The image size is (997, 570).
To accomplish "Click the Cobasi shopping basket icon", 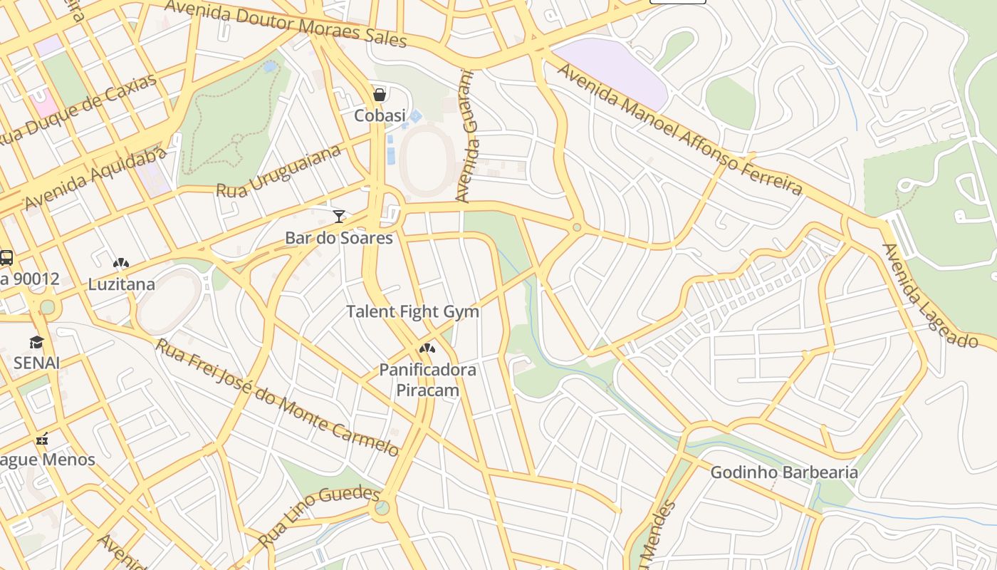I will (380, 95).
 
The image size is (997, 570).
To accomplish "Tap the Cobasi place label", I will (380, 115).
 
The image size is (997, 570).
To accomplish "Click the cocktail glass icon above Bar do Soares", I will (339, 216).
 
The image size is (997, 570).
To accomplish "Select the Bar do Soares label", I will (339, 238).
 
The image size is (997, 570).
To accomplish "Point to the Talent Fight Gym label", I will (412, 312).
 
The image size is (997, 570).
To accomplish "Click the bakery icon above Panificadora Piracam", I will (427, 348).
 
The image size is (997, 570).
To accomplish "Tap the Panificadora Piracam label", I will (427, 380).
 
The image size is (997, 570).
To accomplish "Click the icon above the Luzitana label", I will (121, 263).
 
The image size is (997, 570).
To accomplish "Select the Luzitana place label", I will (121, 284).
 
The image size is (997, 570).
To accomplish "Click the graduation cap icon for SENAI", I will (36, 342).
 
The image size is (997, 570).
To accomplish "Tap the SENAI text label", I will (36, 363).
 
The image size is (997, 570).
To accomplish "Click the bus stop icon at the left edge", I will (6, 257).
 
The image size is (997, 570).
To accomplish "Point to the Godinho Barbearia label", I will (784, 472).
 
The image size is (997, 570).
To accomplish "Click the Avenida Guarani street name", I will (465, 135).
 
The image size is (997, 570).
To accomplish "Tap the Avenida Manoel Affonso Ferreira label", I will (679, 130).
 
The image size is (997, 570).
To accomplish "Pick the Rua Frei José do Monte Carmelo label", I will (278, 398).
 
